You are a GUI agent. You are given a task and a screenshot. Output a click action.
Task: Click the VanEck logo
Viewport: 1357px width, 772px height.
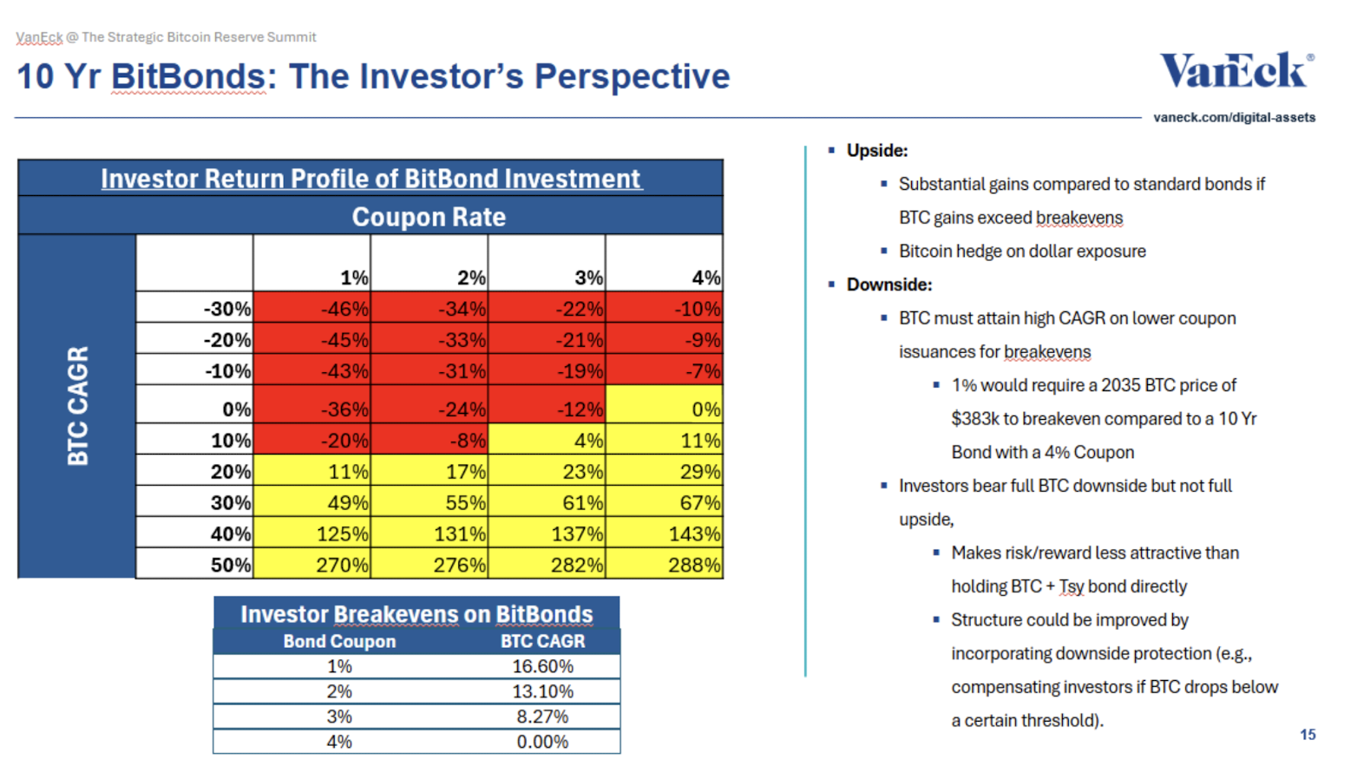pos(1236,70)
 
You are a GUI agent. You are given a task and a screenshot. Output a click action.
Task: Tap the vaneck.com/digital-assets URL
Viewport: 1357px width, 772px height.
pos(1234,117)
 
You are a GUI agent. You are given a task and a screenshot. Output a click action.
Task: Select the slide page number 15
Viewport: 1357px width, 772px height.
pos(1308,735)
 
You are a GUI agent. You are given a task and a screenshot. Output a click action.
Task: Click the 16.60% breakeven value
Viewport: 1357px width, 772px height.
pos(542,666)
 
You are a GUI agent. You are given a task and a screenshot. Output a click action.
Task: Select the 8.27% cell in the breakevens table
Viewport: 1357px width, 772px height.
pos(542,716)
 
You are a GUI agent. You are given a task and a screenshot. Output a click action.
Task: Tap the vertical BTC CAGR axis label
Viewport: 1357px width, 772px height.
pos(78,405)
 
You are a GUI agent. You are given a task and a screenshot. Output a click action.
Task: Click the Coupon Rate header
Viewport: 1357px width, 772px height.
pos(429,217)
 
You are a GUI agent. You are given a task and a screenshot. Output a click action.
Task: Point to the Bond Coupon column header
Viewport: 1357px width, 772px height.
pos(339,641)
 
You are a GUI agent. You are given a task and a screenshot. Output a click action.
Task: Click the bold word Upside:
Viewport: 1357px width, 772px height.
pos(877,151)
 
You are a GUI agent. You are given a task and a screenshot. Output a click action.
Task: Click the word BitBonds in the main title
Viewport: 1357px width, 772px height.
pos(188,76)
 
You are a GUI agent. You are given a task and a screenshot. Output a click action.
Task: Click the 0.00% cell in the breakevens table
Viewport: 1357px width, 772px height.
pos(542,742)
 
